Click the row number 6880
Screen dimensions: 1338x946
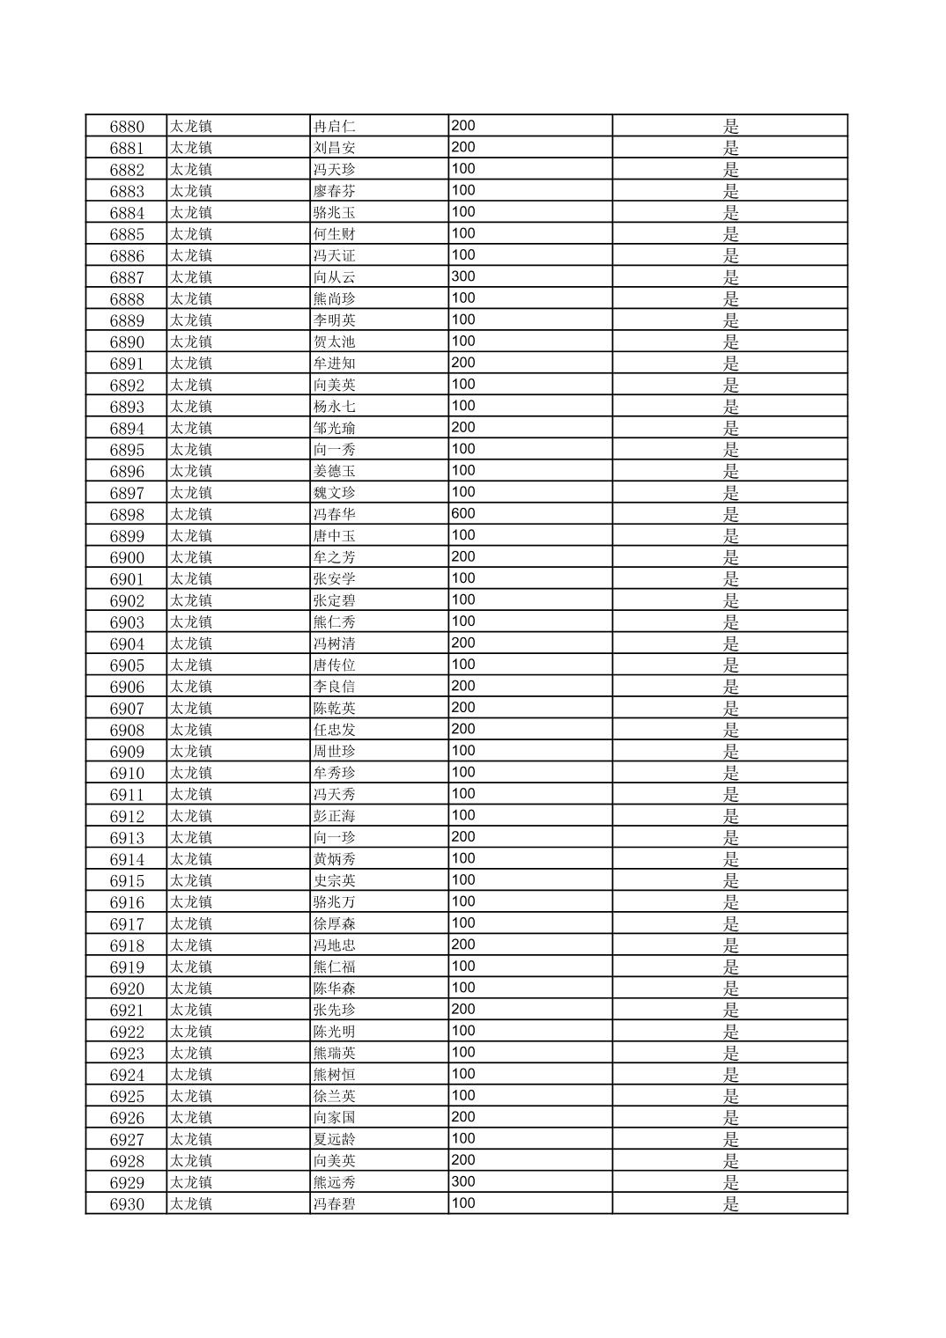(127, 127)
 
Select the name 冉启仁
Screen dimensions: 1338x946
(335, 127)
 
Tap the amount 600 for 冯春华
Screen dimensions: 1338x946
(463, 514)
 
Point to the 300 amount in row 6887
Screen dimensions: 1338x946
(463, 276)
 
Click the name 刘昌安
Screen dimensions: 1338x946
(335, 148)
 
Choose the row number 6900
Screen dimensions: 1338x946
(127, 558)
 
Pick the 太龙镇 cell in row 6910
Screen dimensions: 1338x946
(191, 773)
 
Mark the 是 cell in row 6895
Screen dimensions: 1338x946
(730, 450)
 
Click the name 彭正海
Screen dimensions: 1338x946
(335, 816)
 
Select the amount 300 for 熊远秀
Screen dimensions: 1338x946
(463, 1181)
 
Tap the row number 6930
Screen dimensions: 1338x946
(127, 1204)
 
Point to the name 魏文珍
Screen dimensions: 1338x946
(335, 493)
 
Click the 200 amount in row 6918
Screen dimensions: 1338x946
(463, 945)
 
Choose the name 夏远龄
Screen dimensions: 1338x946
(335, 1139)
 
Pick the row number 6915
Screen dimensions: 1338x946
(127, 881)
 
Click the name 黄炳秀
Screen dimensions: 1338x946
(335, 859)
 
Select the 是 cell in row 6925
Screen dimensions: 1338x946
(730, 1096)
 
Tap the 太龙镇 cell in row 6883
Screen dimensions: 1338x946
(191, 191)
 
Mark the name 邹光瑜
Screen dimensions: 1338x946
(335, 429)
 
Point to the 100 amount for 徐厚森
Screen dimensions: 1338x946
(463, 923)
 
